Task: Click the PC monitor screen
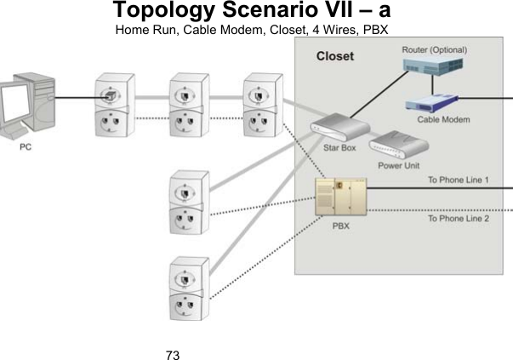(x=16, y=106)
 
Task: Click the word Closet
(x=335, y=58)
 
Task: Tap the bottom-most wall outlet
(x=186, y=287)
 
